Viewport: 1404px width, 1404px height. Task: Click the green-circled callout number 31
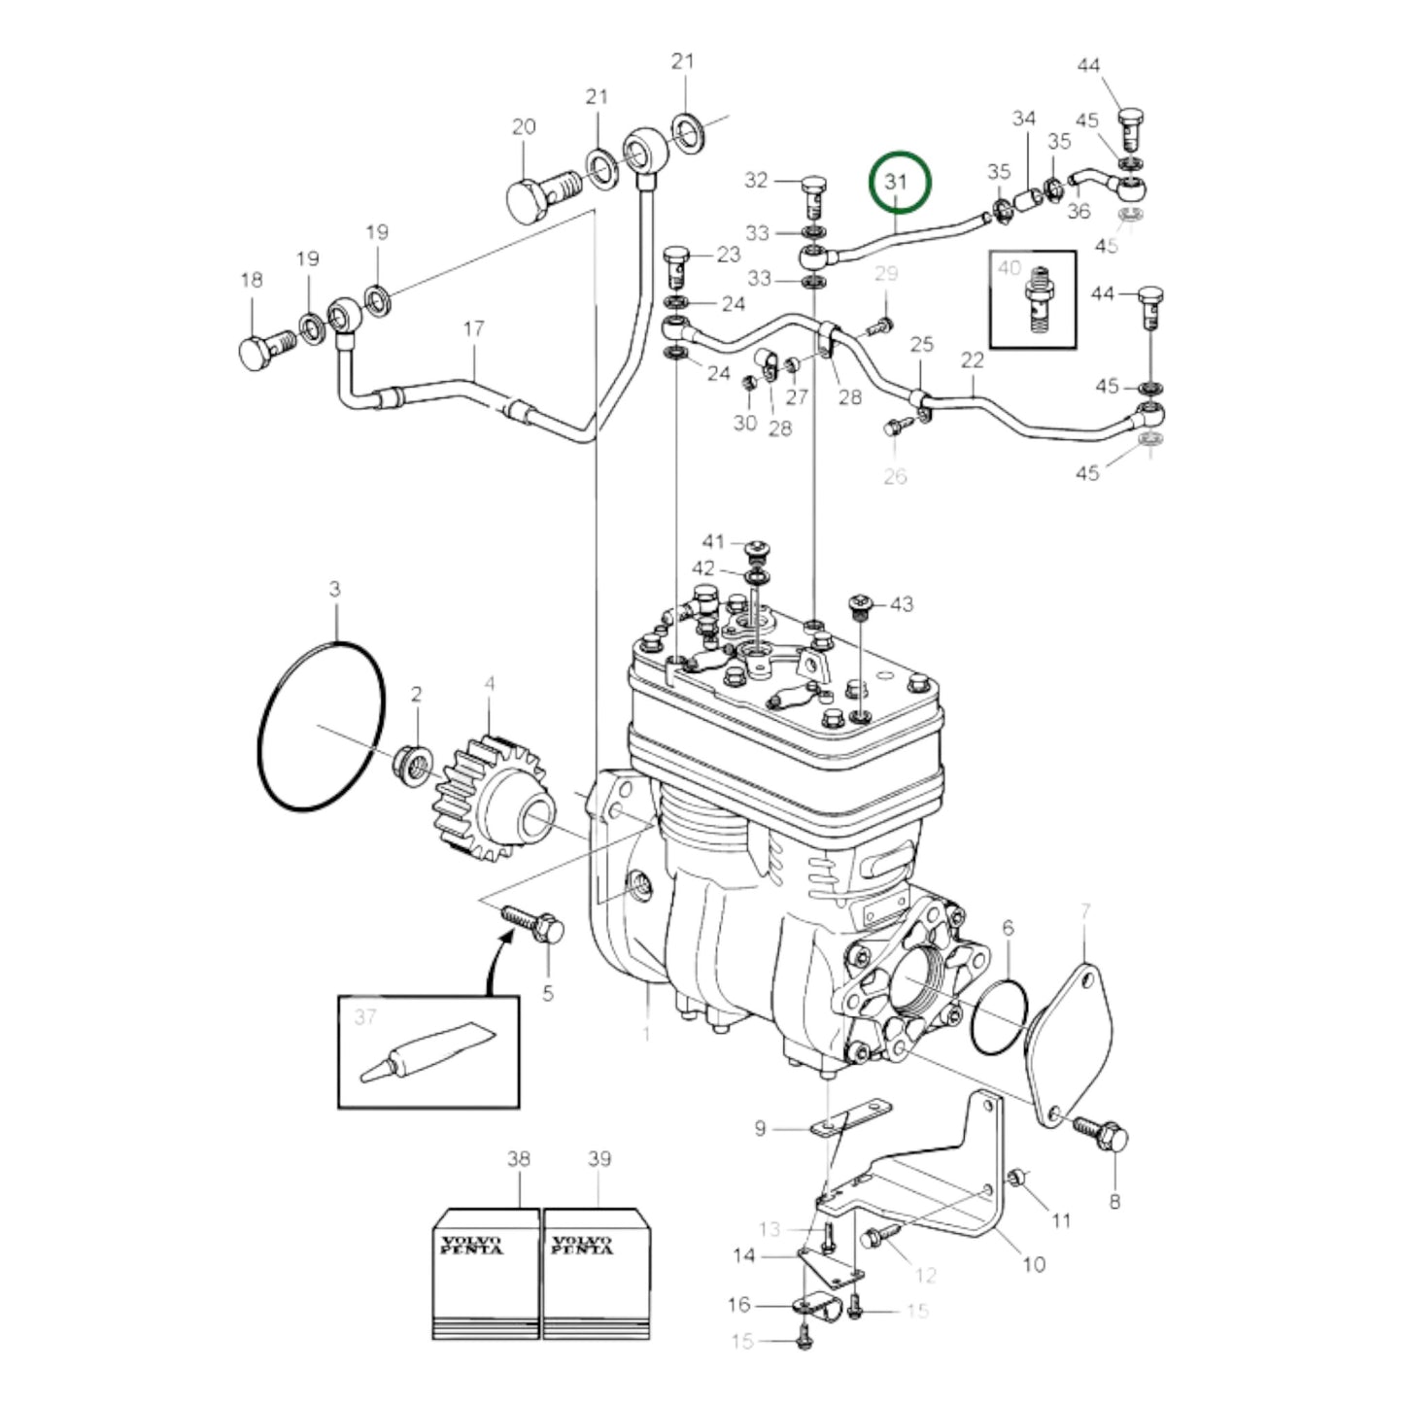895,182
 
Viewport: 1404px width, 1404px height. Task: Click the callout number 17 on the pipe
473,329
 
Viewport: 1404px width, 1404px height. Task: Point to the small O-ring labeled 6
999,1016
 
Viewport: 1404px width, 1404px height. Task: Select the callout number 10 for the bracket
1034,1263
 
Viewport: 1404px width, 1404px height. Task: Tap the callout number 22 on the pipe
973,360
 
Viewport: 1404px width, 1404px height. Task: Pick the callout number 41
714,541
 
